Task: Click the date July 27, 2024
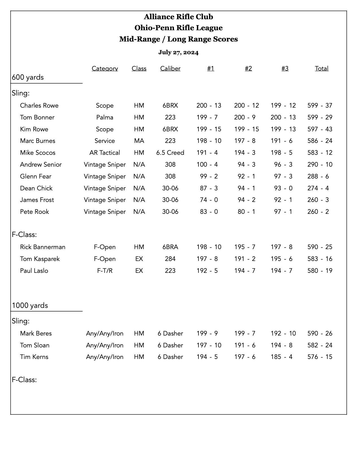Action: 178,52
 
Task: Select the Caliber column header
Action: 170,68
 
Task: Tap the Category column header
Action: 105,68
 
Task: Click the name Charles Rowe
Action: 39,105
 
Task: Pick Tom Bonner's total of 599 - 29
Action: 320,117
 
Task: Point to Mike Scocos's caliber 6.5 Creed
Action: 170,153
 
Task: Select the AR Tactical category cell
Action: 105,153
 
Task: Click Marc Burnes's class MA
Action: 139,141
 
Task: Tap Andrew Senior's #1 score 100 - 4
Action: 207,164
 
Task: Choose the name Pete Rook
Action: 34,212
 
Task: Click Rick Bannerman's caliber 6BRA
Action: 170,247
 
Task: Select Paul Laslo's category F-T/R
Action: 105,271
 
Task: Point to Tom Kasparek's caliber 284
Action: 170,259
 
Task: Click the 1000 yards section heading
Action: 30,305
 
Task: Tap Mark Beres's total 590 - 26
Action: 320,333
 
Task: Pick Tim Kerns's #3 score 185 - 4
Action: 281,357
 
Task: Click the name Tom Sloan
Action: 35,345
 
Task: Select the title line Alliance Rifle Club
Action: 178,17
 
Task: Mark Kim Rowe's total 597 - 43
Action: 320,129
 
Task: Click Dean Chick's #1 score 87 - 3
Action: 209,188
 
